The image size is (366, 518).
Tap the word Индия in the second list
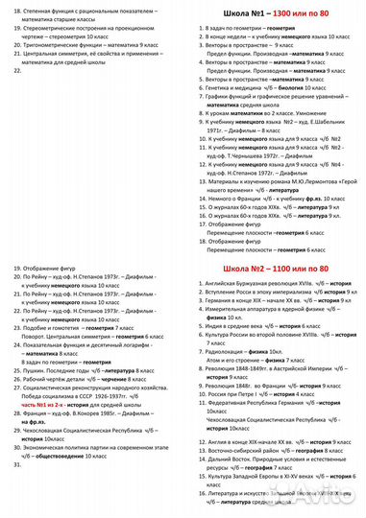click(x=208, y=327)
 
